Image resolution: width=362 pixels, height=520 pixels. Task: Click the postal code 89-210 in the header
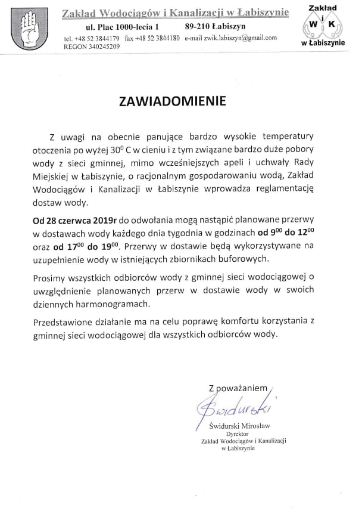(199, 26)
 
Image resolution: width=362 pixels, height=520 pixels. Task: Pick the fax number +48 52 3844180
(158, 38)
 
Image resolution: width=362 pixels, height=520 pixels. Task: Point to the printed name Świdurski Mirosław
(238, 427)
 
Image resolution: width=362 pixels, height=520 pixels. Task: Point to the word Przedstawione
(61, 322)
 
